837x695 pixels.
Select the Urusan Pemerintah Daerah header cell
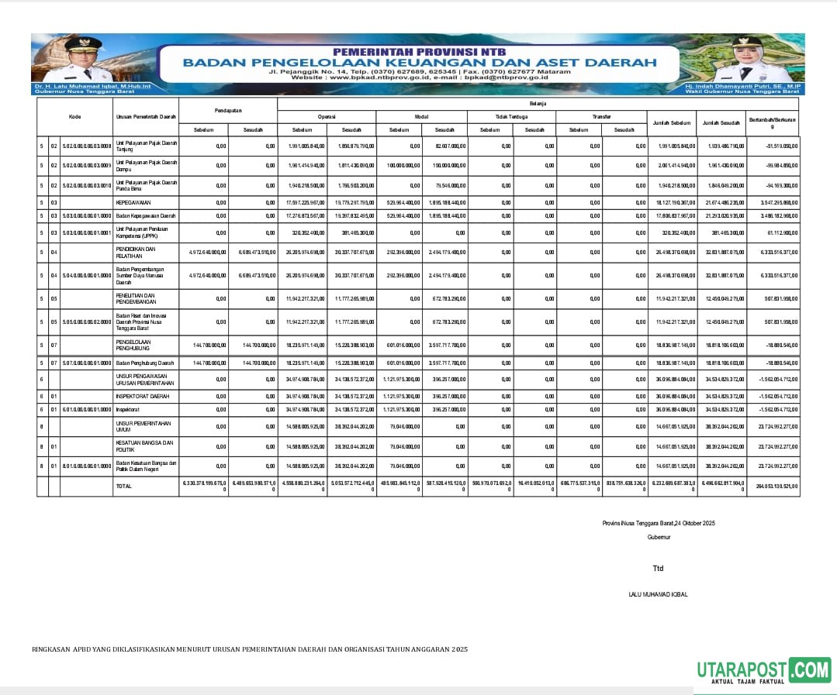click(145, 117)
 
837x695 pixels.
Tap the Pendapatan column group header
click(228, 109)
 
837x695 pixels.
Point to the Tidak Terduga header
click(511, 116)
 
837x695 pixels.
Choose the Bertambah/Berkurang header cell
click(772, 122)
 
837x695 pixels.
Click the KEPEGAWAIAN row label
click(133, 202)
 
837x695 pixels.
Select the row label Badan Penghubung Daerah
click(145, 363)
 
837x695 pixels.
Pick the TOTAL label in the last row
click(123, 485)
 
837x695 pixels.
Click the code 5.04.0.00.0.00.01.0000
click(87, 275)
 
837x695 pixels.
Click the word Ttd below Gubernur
click(658, 569)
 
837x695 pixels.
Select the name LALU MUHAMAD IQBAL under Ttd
click(658, 594)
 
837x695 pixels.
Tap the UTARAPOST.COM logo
click(763, 671)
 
